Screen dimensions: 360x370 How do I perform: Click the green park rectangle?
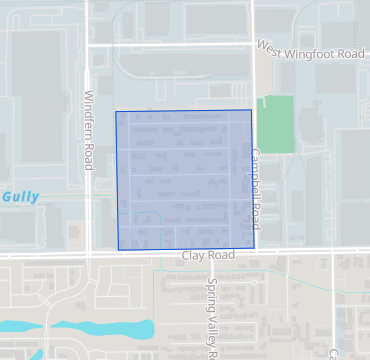click(276, 124)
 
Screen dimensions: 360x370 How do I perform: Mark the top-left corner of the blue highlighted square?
click(117, 111)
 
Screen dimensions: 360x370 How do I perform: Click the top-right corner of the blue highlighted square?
click(251, 110)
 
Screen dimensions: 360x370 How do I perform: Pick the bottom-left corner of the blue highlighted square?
click(118, 249)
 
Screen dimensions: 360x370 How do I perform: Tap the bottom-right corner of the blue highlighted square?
click(254, 248)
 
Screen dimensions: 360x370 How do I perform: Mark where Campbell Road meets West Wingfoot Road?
click(252, 44)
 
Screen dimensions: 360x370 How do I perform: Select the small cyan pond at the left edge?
click(12, 326)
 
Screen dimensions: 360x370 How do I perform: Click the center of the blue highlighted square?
click(185, 180)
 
